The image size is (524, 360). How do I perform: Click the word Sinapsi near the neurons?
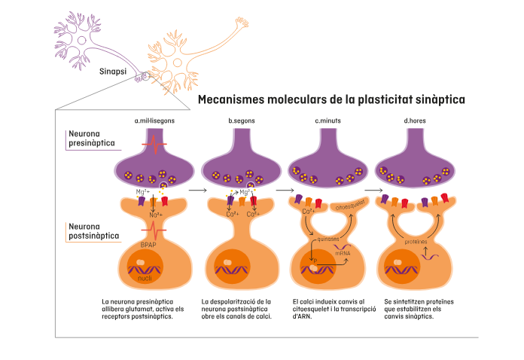pyautogui.click(x=113, y=73)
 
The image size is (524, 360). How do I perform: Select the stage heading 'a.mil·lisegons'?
pyautogui.click(x=154, y=121)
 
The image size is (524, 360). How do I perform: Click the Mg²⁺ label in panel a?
pyautogui.click(x=142, y=192)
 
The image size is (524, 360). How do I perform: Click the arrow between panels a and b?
pyautogui.click(x=197, y=191)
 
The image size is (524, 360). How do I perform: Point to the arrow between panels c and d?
pyautogui.click(x=371, y=191)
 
